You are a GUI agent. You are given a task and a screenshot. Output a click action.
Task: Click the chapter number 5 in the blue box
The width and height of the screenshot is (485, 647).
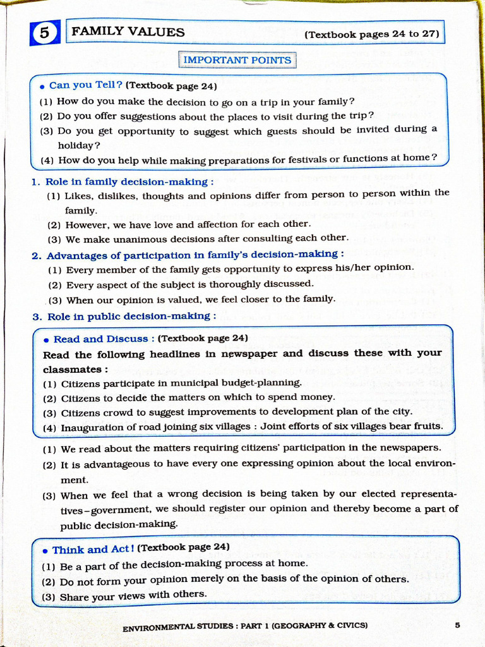[44, 33]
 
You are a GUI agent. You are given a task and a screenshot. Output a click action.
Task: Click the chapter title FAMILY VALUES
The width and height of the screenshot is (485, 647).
[128, 32]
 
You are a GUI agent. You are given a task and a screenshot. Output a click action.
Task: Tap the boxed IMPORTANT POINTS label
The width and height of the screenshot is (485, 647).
[237, 60]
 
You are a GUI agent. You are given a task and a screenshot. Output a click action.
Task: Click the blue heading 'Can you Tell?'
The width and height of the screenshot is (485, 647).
[85, 85]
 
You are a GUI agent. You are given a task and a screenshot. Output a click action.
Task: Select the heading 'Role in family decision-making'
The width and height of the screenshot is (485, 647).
[125, 181]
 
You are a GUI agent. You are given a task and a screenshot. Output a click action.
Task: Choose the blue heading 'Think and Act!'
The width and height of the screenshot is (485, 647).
[93, 549]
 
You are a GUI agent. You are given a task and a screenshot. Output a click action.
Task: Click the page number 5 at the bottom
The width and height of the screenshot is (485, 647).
[457, 625]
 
